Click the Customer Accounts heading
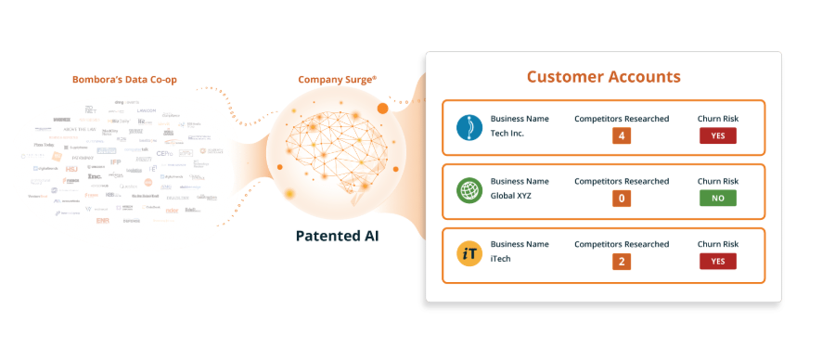click(603, 76)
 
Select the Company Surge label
click(337, 80)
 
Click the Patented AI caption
click(337, 236)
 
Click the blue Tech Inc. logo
click(469, 127)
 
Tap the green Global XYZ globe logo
click(469, 190)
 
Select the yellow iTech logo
click(469, 253)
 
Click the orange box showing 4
click(622, 135)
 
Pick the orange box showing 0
click(622, 199)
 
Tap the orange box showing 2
click(622, 262)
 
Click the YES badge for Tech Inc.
click(718, 135)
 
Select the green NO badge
click(718, 199)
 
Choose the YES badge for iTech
click(718, 262)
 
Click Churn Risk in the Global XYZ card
click(718, 181)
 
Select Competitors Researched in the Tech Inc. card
click(622, 119)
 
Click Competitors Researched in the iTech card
click(622, 245)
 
